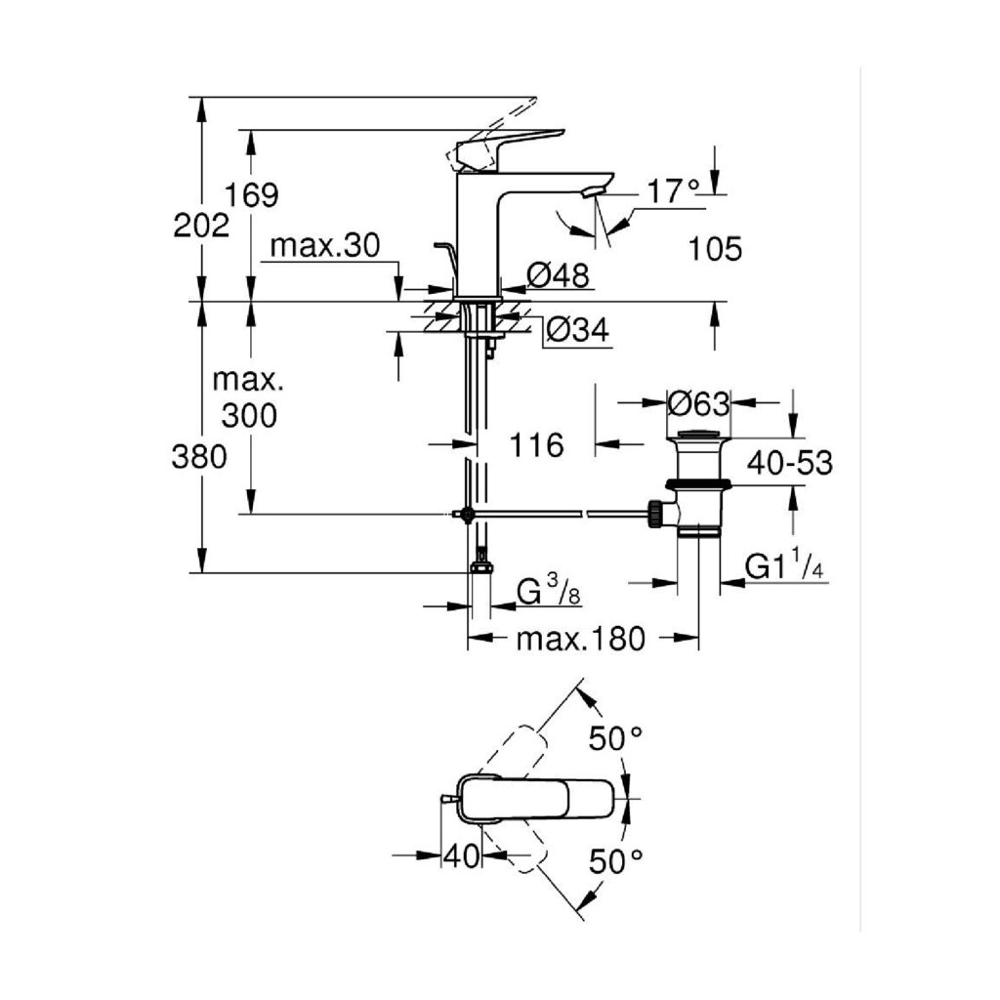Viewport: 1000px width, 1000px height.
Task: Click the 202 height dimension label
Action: (201, 226)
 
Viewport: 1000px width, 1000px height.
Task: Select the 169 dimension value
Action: (252, 194)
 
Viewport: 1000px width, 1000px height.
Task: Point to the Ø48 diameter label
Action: (559, 276)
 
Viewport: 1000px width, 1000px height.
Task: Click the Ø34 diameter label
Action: (576, 331)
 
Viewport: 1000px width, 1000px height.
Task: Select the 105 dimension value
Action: (715, 249)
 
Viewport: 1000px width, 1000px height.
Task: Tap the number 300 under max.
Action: (248, 416)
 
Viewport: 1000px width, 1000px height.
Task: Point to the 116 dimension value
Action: (536, 445)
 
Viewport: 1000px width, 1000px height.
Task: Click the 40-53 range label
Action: (789, 463)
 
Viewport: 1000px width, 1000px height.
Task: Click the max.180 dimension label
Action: (580, 640)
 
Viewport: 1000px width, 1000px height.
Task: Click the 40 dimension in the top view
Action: (462, 856)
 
